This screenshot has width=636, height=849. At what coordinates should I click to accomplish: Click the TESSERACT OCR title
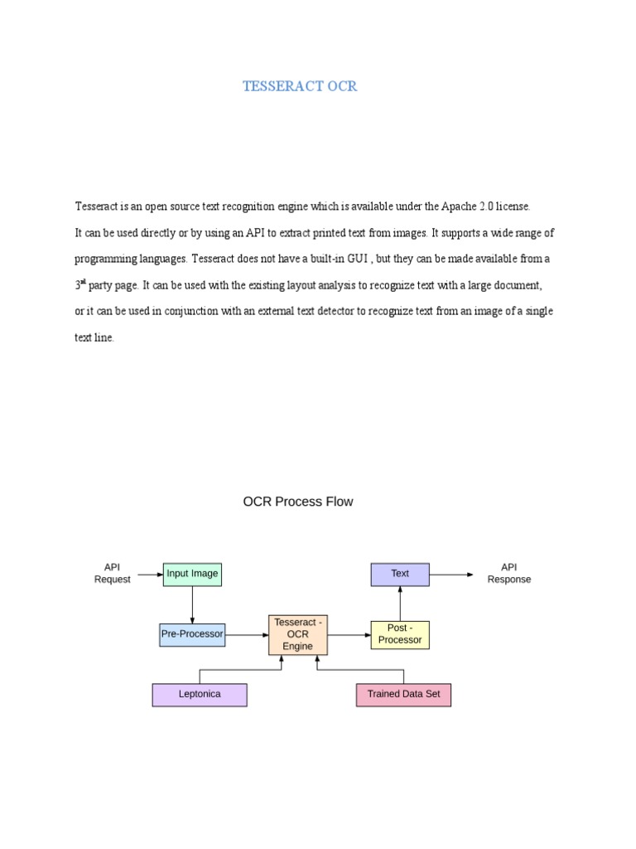point(300,86)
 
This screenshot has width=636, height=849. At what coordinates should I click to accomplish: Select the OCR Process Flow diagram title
point(297,502)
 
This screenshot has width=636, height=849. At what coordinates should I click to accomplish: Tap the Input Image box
point(192,574)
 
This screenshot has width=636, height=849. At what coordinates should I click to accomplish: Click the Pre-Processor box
point(192,634)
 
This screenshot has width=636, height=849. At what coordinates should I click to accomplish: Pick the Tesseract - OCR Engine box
point(298,634)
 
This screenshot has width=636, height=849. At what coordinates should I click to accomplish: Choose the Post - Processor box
point(400,634)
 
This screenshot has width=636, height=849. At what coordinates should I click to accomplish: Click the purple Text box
point(400,574)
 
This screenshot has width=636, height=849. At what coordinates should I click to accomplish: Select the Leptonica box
point(200,694)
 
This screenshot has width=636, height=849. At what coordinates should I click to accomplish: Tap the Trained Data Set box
point(403,694)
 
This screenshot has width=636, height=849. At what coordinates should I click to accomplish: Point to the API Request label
point(112,573)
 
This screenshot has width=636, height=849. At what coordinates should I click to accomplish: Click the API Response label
point(508,573)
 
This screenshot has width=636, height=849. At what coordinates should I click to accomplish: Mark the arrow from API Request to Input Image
point(149,574)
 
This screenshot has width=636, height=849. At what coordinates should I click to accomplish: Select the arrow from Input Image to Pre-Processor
point(192,604)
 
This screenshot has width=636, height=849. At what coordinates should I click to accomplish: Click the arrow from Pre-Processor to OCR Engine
point(246,635)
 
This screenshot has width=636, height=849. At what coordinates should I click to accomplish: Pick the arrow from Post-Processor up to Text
point(400,604)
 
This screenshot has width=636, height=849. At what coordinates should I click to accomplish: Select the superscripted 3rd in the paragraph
point(80,284)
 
